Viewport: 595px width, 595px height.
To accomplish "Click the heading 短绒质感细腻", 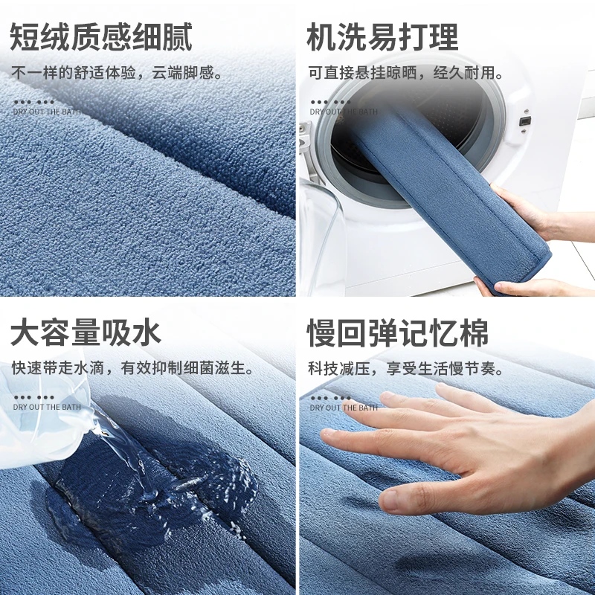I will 101,37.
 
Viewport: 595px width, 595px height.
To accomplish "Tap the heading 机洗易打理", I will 383,37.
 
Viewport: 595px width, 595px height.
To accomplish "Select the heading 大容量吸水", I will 86,333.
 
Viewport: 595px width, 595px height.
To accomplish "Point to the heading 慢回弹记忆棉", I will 398,333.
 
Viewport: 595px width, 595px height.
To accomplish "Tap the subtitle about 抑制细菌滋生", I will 134,368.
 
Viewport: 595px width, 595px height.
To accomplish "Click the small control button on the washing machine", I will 524,120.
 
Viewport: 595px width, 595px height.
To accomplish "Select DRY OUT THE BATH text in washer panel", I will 344,112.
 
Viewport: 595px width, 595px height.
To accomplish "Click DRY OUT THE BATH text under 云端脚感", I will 46,112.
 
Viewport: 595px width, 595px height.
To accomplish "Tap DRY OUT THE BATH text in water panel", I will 46,408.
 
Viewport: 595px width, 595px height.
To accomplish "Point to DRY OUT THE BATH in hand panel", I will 344,408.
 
